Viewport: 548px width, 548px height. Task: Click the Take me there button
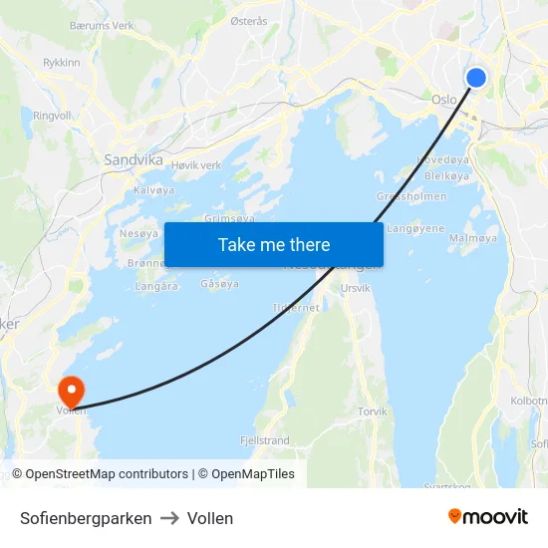coord(274,244)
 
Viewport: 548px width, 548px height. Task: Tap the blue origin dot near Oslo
coord(476,78)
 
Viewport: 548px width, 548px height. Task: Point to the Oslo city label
coord(444,100)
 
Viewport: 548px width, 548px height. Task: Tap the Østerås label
coord(249,20)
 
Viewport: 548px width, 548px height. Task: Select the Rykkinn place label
coord(61,61)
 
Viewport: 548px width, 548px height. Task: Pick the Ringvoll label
coord(52,116)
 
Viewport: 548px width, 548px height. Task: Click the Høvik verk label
coord(196,164)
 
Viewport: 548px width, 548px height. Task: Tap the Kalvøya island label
coord(153,189)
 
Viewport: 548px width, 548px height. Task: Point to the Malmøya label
coord(473,238)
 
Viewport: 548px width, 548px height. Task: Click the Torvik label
coord(373,411)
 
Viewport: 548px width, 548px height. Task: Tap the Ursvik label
coord(356,288)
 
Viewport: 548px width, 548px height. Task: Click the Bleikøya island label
coord(446,175)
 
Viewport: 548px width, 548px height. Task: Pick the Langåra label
coord(156,286)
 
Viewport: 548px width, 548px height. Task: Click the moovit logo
coord(488,517)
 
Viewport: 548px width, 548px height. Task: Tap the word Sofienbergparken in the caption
coord(86,518)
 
